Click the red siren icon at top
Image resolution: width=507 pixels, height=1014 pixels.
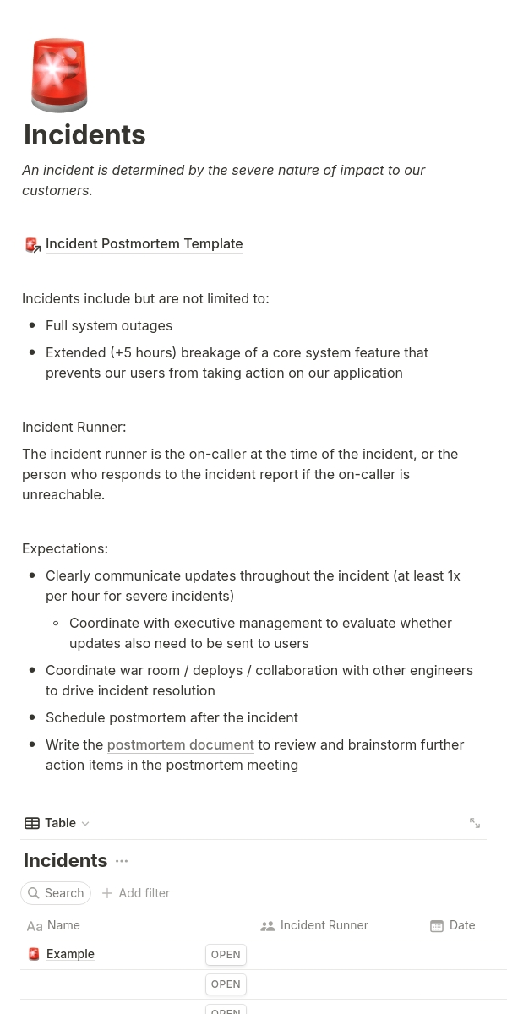click(x=59, y=74)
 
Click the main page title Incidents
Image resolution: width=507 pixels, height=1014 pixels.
click(x=84, y=135)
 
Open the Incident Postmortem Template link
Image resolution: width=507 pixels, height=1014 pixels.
click(x=144, y=244)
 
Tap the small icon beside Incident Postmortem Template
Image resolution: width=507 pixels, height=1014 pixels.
click(x=33, y=245)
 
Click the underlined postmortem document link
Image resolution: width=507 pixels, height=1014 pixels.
click(x=180, y=745)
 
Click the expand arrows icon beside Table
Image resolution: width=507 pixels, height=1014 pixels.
click(x=475, y=823)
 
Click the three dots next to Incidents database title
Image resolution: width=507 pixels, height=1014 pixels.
click(x=122, y=861)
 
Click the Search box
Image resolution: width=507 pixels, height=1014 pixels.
click(x=56, y=893)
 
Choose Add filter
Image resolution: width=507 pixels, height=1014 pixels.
click(x=136, y=893)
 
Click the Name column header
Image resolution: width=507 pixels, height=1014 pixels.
click(x=63, y=925)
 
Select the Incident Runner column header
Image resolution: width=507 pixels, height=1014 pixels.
click(x=324, y=925)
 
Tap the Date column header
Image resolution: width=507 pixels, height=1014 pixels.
click(x=461, y=925)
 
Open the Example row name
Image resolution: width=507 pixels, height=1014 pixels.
click(x=70, y=954)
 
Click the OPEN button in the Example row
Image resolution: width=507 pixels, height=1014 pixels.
click(x=226, y=955)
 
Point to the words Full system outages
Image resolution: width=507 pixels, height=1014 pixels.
click(x=109, y=326)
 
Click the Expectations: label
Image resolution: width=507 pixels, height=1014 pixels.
click(x=65, y=549)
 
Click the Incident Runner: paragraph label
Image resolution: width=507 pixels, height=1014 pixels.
click(x=74, y=428)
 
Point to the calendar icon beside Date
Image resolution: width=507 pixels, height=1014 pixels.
click(x=437, y=926)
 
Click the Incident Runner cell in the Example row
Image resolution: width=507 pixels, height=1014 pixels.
click(x=337, y=955)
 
